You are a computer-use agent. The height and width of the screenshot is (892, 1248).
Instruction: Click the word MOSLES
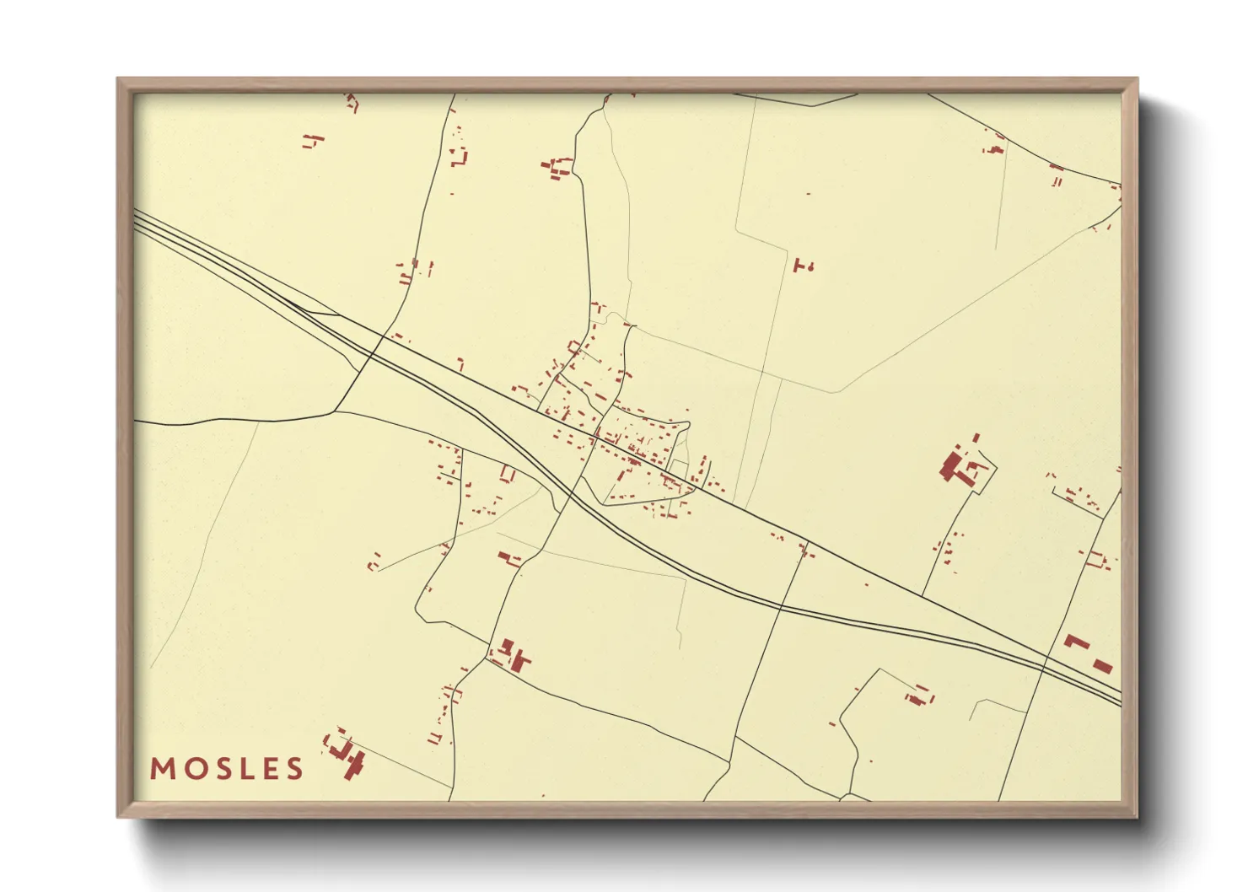coord(227,769)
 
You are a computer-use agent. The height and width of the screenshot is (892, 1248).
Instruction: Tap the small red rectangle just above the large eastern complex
coord(976,438)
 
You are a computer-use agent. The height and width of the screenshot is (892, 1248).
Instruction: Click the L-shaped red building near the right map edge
coord(1076,642)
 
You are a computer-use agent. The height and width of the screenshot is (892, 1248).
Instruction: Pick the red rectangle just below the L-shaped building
coord(1102,666)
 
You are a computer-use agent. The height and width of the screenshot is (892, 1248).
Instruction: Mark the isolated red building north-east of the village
coord(803,266)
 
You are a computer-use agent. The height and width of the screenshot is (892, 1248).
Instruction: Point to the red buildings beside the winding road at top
coord(557,167)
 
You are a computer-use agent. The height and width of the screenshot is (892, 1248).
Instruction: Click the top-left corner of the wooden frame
coord(118,79)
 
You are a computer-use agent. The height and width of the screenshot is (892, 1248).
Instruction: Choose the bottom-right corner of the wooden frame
coord(1137,816)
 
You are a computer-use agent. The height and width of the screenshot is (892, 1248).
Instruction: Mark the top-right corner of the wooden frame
coord(1137,79)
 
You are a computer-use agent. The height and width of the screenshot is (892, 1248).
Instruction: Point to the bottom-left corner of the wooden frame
coord(118,816)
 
